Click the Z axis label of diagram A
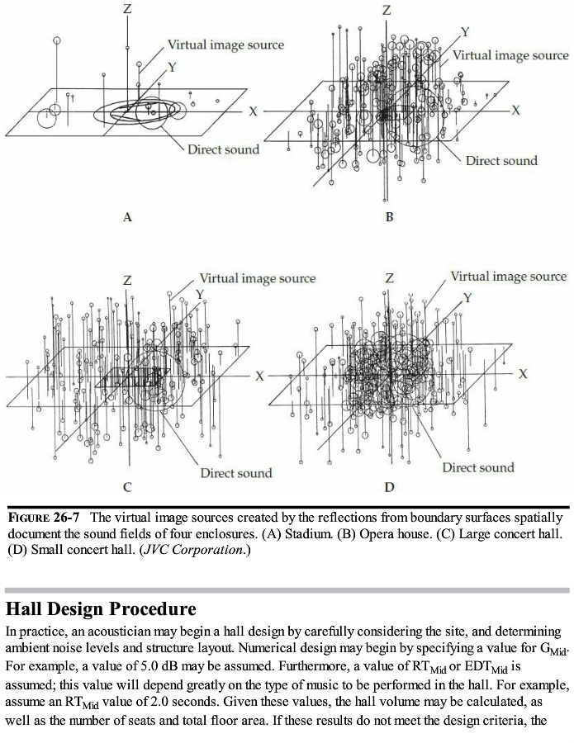tap(126, 8)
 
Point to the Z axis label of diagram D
tap(389, 278)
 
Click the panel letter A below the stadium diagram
tap(127, 218)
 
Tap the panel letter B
tap(389, 218)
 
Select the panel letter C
tap(126, 486)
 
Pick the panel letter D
tap(389, 486)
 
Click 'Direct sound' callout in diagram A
tap(223, 149)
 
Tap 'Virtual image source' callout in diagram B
tap(510, 55)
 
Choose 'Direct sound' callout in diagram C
tap(235, 473)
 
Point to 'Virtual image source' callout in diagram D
tap(509, 277)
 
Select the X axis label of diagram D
tap(523, 374)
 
